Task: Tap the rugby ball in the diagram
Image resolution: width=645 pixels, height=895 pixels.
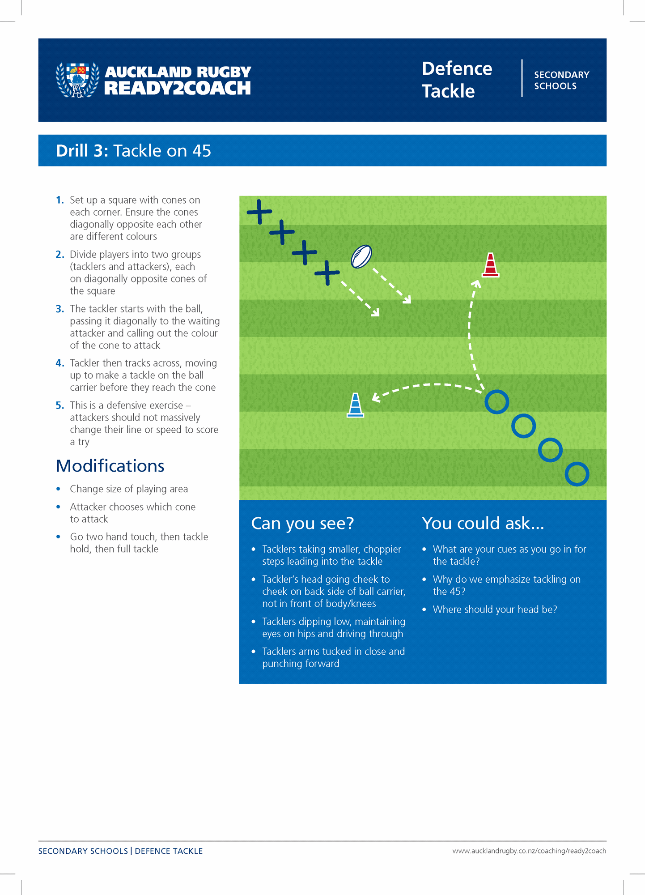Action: [361, 256]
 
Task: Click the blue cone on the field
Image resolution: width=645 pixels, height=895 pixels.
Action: [355, 405]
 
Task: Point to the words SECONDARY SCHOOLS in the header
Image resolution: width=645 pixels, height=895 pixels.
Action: [561, 80]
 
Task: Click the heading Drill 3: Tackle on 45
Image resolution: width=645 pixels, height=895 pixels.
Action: [133, 151]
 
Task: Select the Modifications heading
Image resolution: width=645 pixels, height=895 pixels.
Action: [110, 466]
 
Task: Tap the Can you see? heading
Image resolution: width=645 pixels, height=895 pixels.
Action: [302, 523]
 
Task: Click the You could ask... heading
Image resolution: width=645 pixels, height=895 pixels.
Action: [483, 523]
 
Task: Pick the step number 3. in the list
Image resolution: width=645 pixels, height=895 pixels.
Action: [60, 309]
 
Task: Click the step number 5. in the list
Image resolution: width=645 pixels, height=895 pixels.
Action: [60, 405]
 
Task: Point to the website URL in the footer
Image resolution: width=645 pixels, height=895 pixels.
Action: [529, 851]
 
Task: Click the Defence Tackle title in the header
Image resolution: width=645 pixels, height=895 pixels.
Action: [457, 80]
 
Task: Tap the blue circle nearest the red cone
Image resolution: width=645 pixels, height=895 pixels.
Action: [497, 402]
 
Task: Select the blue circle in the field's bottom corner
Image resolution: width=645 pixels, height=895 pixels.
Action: [577, 474]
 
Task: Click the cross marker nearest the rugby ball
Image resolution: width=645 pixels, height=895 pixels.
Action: [327, 273]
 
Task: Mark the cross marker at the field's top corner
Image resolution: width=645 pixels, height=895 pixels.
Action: [259, 211]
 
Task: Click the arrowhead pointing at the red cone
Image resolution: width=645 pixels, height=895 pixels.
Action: [477, 284]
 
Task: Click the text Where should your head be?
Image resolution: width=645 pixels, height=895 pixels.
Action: [495, 609]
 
